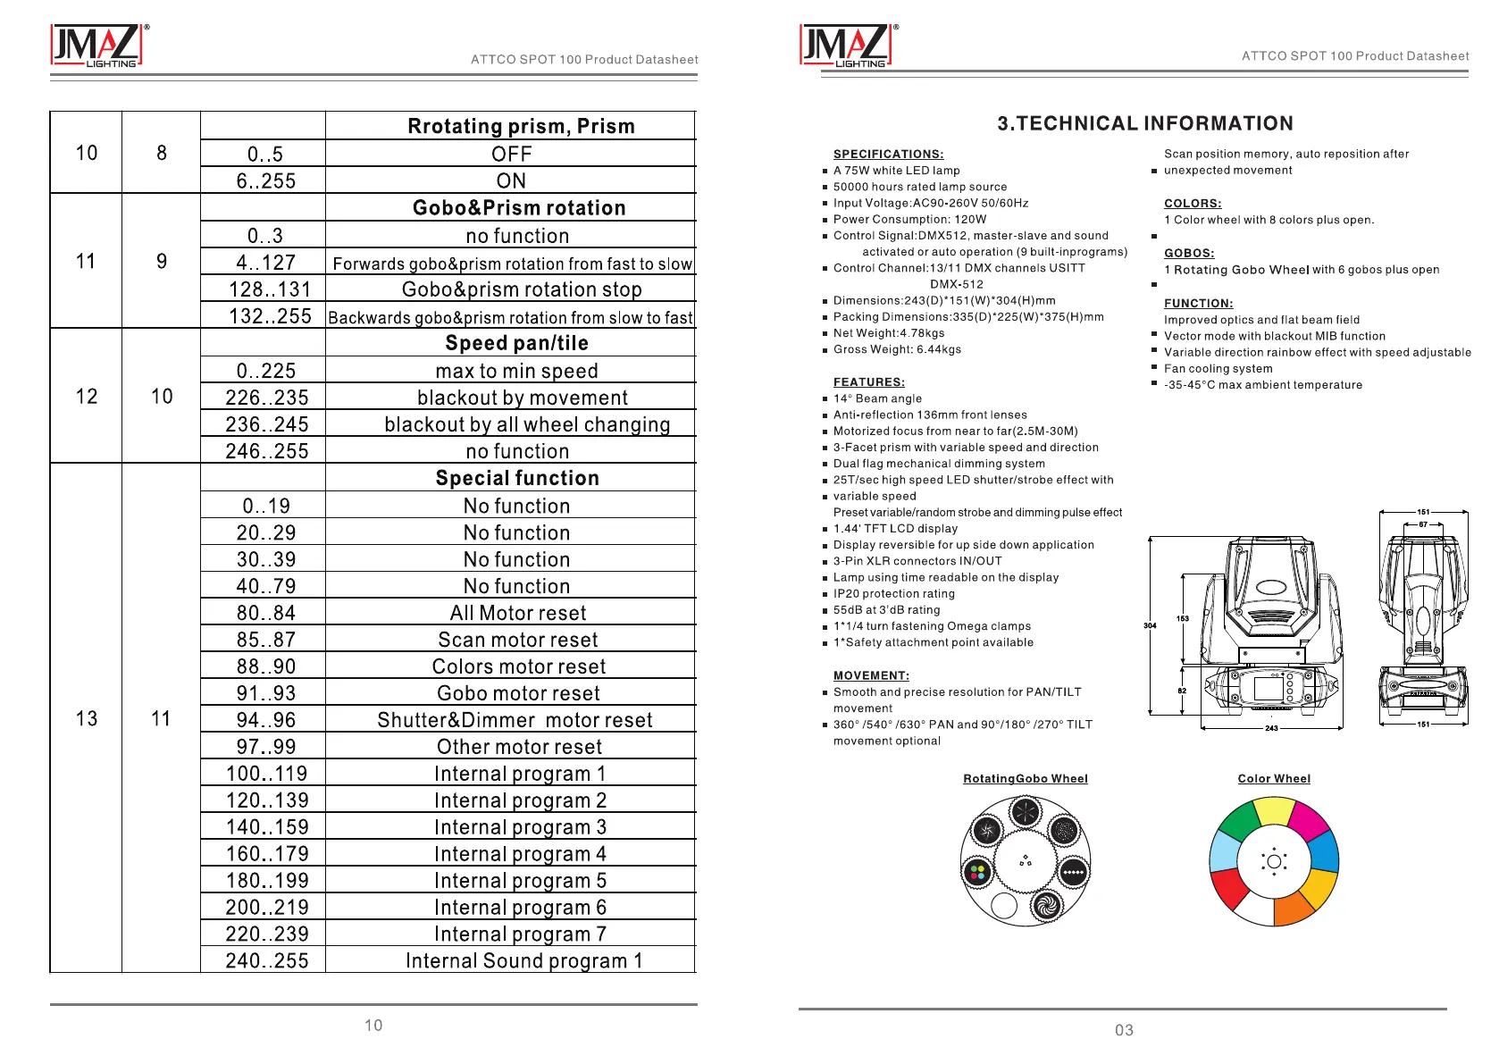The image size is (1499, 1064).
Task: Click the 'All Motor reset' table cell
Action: [x=518, y=613]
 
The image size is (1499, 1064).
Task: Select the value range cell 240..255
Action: [x=266, y=960]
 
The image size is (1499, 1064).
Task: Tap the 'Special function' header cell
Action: [x=517, y=478]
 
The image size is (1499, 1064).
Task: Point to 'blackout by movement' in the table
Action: [x=522, y=398]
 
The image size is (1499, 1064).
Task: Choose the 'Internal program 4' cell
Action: [x=520, y=854]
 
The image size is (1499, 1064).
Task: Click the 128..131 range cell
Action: [x=269, y=289]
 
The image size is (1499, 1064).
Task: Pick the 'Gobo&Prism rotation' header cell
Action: [x=519, y=208]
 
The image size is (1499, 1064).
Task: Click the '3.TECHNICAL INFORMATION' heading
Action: [x=1145, y=123]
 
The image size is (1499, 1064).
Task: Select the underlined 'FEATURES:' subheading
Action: [x=868, y=382]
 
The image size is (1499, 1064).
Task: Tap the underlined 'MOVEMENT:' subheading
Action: [x=871, y=676]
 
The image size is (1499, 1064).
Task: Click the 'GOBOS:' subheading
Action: [x=1189, y=254]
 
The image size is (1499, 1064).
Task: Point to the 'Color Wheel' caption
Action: [x=1274, y=779]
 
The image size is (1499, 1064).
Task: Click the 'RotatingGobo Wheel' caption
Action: [x=1025, y=779]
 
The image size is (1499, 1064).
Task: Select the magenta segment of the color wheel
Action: [x=1309, y=820]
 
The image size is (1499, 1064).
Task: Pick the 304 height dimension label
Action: [x=1150, y=625]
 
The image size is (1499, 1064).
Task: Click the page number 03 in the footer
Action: [x=1124, y=1030]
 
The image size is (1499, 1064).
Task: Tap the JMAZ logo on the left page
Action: [x=96, y=46]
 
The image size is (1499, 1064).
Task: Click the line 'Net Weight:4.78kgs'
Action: [x=888, y=333]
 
